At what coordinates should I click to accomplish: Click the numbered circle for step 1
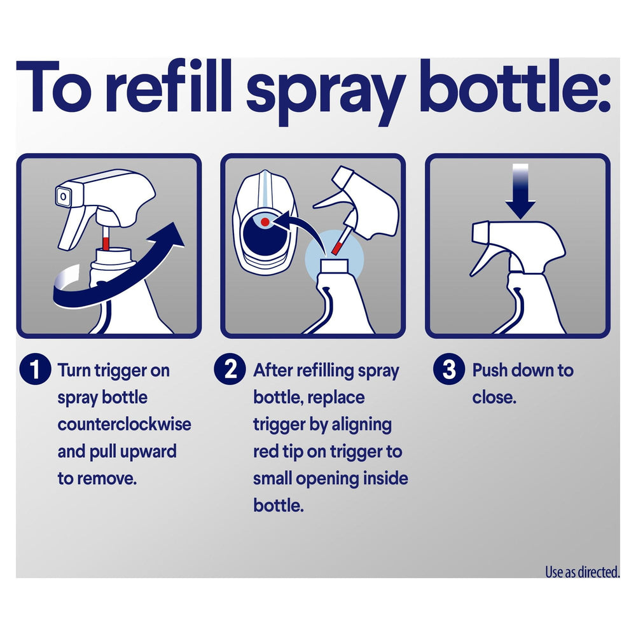pyautogui.click(x=35, y=369)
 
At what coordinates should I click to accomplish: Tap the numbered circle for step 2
pyautogui.click(x=230, y=369)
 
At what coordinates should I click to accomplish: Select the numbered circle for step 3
pyautogui.click(x=449, y=369)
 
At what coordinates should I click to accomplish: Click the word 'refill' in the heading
pyautogui.click(x=170, y=87)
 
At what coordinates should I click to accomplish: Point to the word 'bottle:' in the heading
pyautogui.click(x=515, y=87)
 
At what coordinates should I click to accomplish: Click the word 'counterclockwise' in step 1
pyautogui.click(x=124, y=424)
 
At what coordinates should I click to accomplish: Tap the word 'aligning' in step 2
pyautogui.click(x=362, y=425)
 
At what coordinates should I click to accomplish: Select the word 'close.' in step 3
pyautogui.click(x=494, y=397)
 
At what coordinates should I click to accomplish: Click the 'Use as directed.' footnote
pyautogui.click(x=582, y=572)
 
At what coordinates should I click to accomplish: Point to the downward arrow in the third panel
pyautogui.click(x=521, y=191)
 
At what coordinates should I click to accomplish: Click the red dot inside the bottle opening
pyautogui.click(x=265, y=221)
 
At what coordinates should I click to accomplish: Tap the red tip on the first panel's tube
pyautogui.click(x=106, y=244)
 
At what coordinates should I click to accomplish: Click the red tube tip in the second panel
pyautogui.click(x=336, y=247)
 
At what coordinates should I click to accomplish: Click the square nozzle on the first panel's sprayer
pyautogui.click(x=63, y=197)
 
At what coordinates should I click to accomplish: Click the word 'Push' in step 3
pyautogui.click(x=490, y=370)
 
